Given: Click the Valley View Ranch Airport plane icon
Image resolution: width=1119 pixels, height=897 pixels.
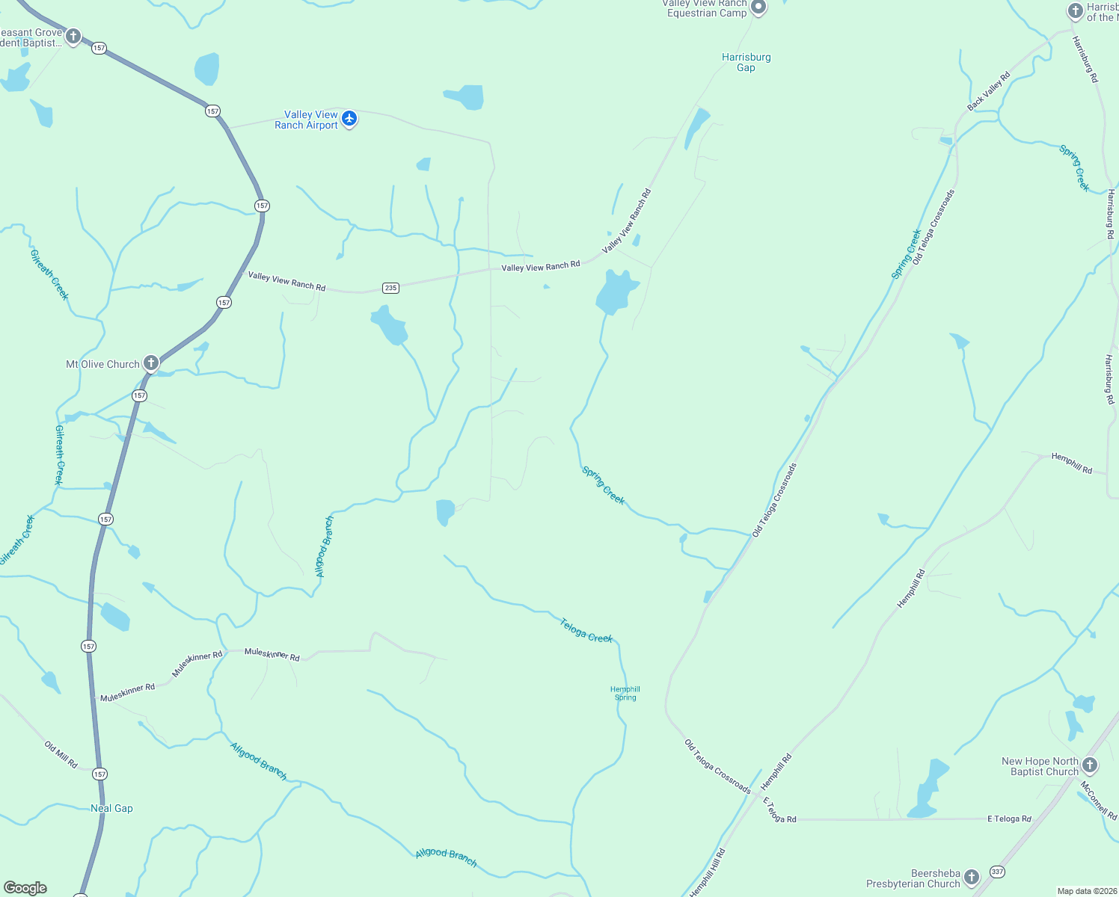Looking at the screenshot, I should click(349, 118).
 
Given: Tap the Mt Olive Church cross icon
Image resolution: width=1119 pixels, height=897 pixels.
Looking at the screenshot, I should click(151, 363).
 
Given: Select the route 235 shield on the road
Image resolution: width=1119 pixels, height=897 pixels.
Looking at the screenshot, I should click(390, 288).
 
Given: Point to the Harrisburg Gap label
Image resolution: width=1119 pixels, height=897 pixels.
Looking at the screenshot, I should click(746, 62).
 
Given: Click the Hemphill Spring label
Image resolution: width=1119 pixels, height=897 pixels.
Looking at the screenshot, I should click(625, 694).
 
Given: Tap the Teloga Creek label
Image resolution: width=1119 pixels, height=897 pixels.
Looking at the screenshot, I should click(586, 630).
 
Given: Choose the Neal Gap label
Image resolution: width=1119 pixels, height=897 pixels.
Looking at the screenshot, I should click(111, 808).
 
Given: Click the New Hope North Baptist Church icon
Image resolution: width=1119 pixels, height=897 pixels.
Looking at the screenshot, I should click(1090, 765).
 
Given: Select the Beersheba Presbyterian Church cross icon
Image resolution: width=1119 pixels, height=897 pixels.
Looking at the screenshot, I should click(972, 877).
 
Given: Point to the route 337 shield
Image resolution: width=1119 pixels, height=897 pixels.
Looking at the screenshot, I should click(997, 872).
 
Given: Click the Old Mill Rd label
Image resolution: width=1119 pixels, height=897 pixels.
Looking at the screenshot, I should click(61, 754).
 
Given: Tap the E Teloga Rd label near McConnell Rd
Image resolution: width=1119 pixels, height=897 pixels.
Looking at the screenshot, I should click(1009, 819).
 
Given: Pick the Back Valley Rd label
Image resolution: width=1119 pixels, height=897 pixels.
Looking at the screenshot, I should click(988, 91).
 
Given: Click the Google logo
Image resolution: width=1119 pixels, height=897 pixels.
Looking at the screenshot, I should click(25, 887).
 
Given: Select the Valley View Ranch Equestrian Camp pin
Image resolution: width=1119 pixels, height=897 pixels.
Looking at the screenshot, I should click(758, 8).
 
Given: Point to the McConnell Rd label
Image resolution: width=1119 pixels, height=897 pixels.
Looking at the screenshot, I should click(1098, 801).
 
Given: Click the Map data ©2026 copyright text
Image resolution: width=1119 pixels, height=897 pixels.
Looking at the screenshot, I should click(1086, 891).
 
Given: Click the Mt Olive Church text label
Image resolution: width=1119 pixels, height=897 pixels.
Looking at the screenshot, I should click(102, 364).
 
